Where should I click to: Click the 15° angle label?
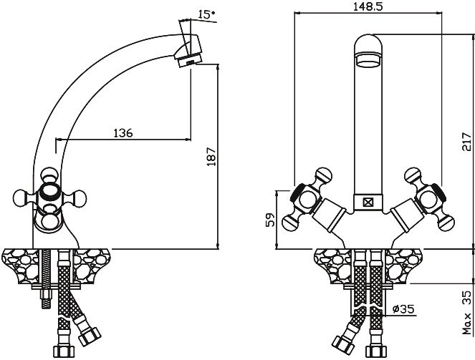[206, 14]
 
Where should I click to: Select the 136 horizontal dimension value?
[123, 133]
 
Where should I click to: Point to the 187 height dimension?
[211, 157]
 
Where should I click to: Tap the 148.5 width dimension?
[368, 6]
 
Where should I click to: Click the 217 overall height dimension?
[467, 142]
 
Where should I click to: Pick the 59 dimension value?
[270, 220]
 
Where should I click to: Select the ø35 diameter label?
[403, 309]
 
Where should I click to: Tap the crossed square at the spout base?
[368, 203]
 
